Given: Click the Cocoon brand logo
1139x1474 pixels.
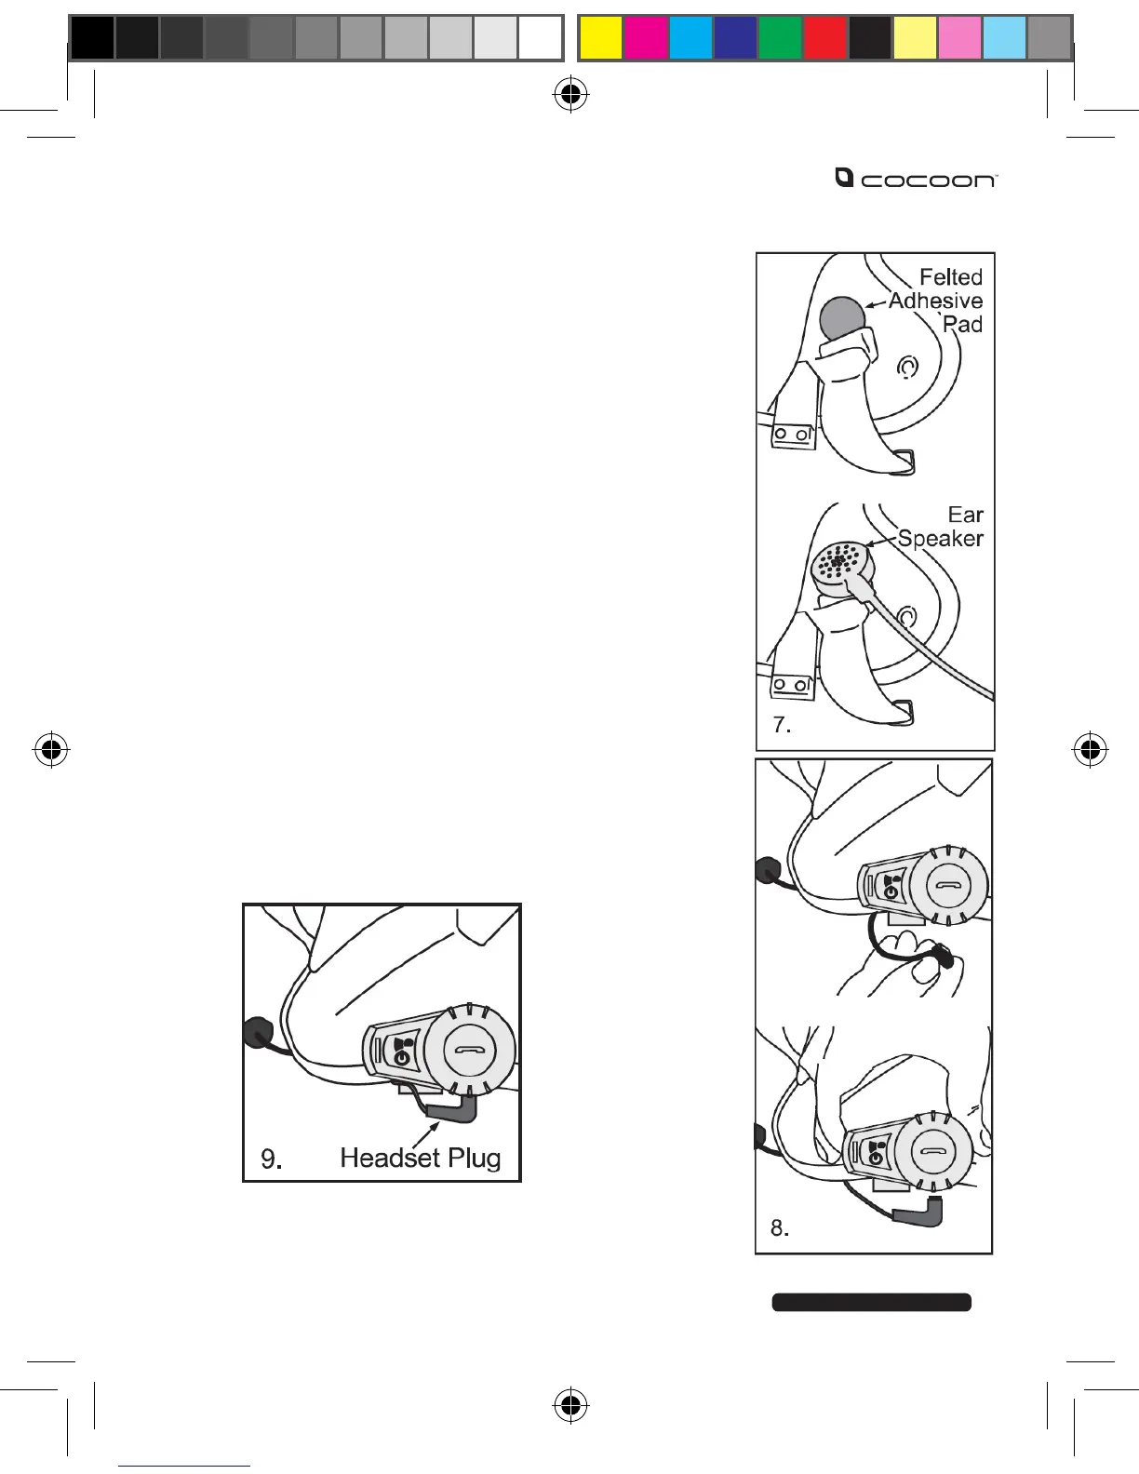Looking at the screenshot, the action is (916, 178).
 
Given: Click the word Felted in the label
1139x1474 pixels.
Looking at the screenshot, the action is (950, 277).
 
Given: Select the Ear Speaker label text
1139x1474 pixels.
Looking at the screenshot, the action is (942, 527).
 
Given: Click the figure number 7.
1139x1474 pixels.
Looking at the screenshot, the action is (782, 726).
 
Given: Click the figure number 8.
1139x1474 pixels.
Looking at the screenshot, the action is (780, 1228).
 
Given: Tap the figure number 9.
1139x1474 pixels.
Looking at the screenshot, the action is (271, 1159).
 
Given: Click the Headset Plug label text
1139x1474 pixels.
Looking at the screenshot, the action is (421, 1158).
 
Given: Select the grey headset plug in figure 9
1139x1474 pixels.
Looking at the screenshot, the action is (456, 1108).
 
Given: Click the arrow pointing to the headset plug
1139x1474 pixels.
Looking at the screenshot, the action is (427, 1134).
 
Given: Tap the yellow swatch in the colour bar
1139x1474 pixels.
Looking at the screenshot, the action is (601, 38).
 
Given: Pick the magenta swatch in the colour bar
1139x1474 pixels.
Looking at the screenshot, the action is (646, 38).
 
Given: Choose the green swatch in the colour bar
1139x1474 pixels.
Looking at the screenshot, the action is (780, 38).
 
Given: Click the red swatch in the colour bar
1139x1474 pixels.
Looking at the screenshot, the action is (824, 38).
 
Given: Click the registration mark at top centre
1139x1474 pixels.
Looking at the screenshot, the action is (570, 93).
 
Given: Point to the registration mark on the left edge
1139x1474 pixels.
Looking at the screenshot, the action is (52, 749).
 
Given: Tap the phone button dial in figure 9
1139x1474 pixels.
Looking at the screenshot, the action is (468, 1048).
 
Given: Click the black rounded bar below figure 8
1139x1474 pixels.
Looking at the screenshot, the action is (871, 1302).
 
